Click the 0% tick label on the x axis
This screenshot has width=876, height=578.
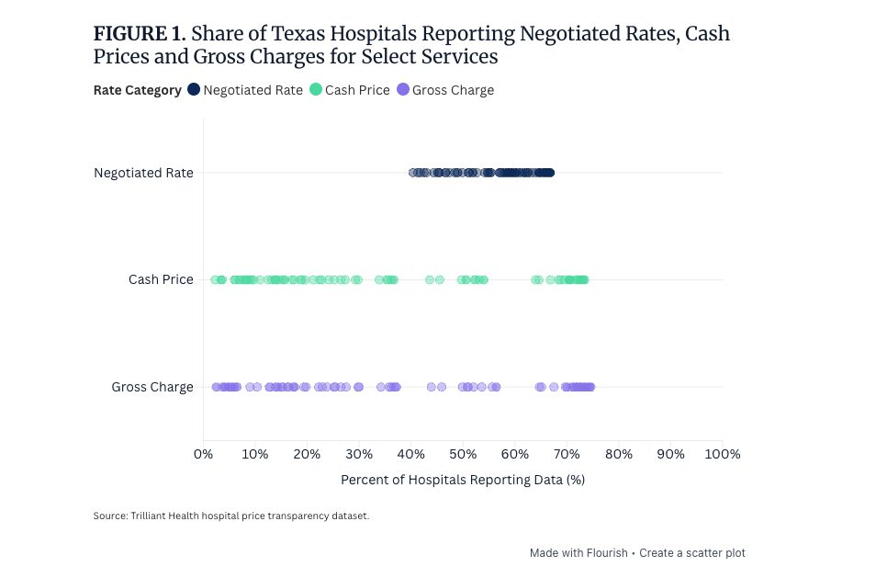click(x=203, y=454)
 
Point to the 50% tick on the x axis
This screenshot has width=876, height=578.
click(x=463, y=454)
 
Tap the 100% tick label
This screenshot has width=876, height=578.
click(x=721, y=454)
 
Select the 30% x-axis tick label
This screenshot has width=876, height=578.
click(x=359, y=454)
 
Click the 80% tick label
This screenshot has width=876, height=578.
click(x=619, y=454)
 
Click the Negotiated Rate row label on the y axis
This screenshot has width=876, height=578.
click(x=143, y=173)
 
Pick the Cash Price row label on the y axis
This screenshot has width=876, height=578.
click(x=161, y=279)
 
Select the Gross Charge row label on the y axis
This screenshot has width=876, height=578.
click(x=152, y=387)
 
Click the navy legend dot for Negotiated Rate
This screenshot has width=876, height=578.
click(x=194, y=90)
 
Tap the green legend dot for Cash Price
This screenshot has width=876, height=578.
click(x=316, y=90)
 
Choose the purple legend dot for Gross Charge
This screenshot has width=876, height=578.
click(x=403, y=90)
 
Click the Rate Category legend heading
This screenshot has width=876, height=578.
click(x=137, y=90)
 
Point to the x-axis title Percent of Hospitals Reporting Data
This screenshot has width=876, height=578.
click(x=462, y=480)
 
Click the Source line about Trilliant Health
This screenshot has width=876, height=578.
click(x=230, y=516)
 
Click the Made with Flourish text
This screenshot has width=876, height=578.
click(x=578, y=553)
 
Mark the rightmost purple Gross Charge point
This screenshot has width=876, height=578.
click(x=590, y=387)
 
